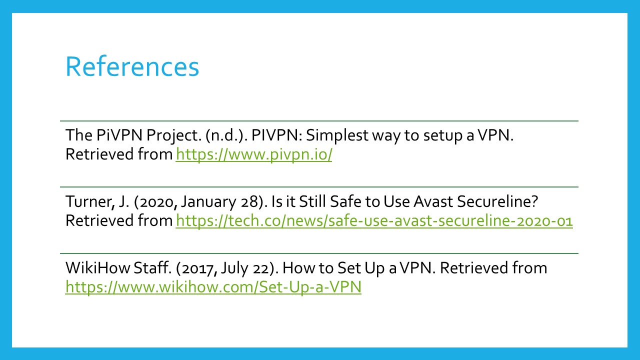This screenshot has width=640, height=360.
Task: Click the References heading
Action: tap(132, 66)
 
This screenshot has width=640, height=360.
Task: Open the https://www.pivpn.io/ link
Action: tap(254, 154)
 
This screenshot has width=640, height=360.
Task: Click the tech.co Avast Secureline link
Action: tap(374, 221)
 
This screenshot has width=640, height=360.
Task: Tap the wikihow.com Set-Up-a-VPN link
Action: tap(213, 287)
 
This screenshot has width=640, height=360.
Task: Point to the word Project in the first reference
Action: tap(173, 135)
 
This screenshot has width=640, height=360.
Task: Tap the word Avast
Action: tap(433, 201)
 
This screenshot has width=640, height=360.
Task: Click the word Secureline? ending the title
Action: tap(497, 201)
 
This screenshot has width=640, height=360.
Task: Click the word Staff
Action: tap(152, 268)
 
